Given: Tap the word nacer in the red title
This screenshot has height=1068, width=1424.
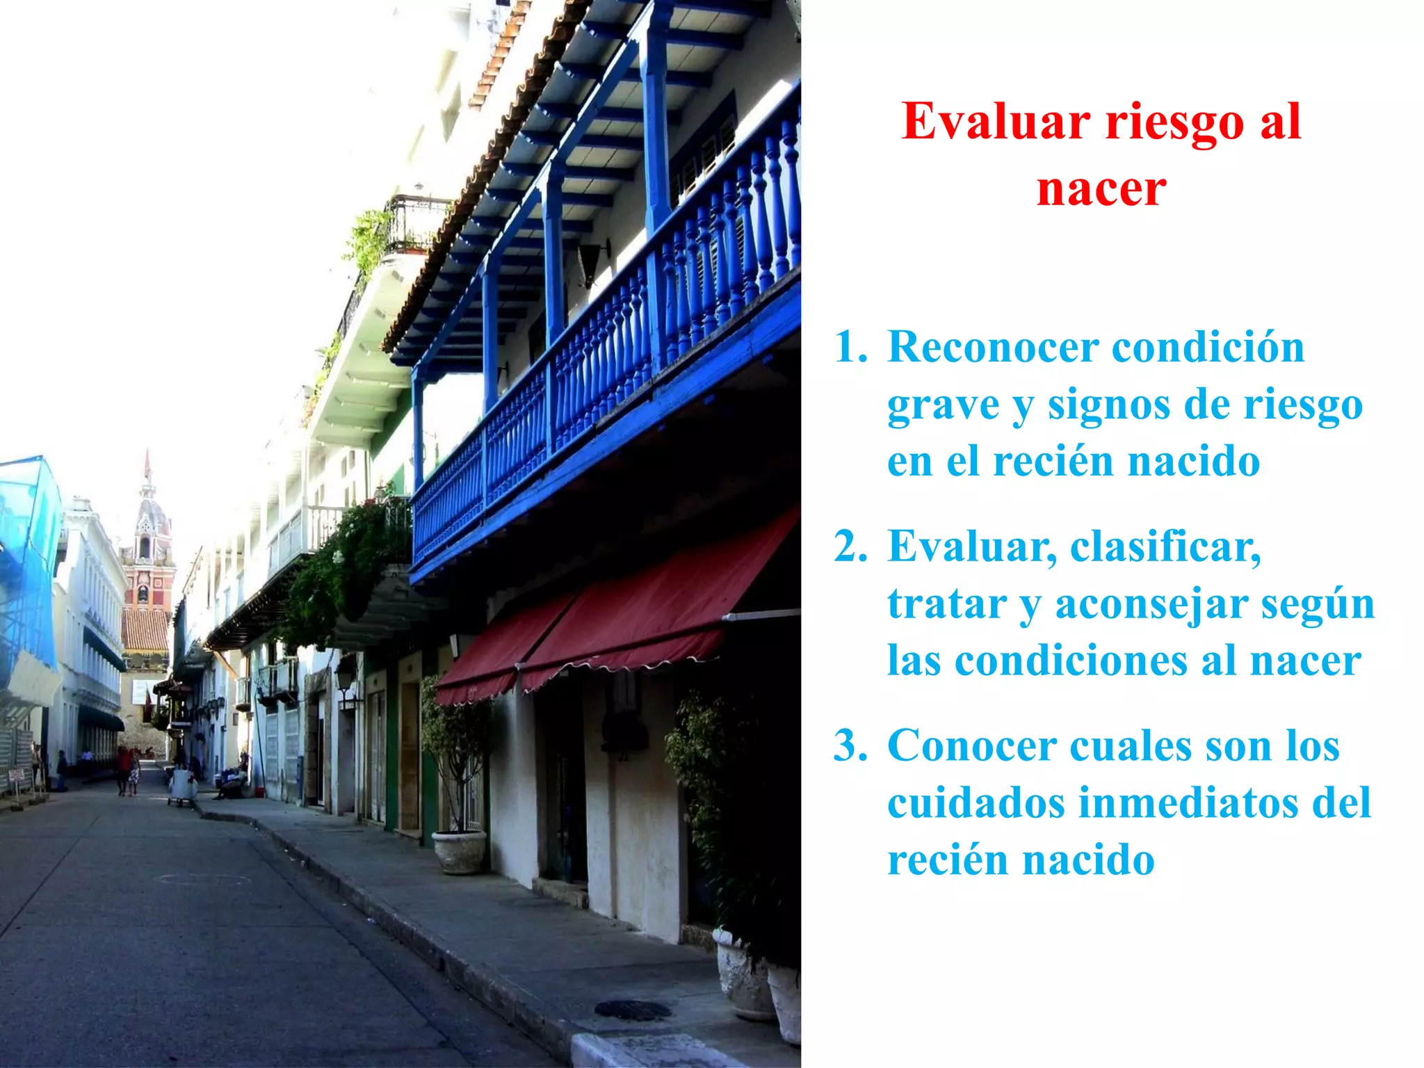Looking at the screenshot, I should (1101, 188).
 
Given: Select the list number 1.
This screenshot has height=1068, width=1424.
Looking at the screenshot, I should (850, 347).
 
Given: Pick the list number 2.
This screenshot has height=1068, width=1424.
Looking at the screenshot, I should (850, 547).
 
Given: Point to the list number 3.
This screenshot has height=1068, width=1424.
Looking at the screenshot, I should (850, 746).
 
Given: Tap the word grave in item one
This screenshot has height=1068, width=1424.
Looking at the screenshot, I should (943, 406).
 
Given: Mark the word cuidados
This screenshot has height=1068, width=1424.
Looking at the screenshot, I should (976, 803).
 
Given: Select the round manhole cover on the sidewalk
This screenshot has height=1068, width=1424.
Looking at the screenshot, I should (632, 1010).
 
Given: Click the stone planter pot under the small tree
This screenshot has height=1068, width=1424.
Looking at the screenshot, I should (459, 852).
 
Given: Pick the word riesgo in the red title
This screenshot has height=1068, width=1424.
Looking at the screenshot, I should (1174, 122).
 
